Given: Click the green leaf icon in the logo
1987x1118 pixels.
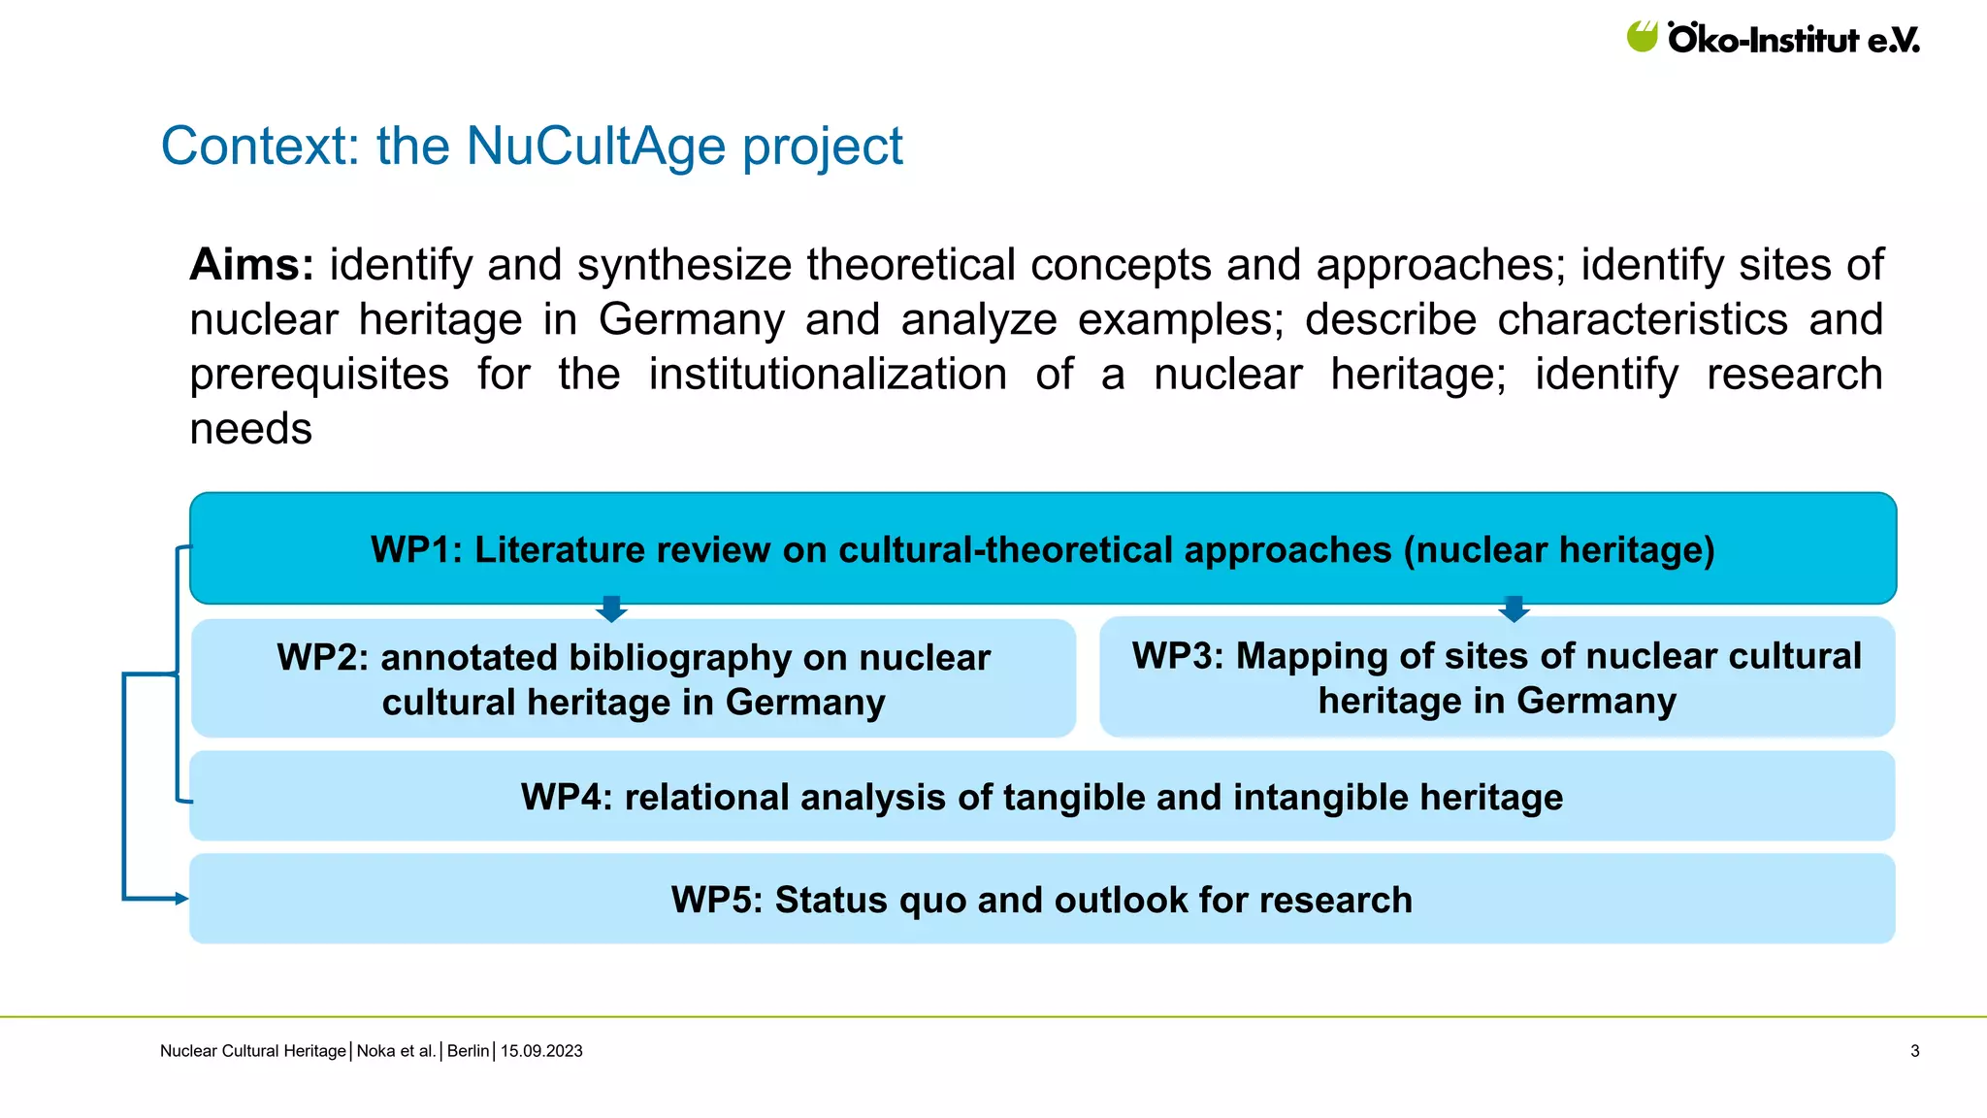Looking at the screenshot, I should (1643, 37).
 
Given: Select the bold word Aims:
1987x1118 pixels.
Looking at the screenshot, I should (251, 265).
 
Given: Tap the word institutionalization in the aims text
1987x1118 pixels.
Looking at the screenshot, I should (828, 375).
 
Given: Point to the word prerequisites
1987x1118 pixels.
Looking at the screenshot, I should (319, 375).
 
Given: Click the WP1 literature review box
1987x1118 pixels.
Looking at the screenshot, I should (1043, 549).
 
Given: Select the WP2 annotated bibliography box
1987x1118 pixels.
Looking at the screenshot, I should (634, 679).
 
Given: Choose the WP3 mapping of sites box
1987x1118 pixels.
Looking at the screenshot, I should (1497, 677).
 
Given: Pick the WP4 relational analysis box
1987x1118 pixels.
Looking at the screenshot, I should (1042, 797).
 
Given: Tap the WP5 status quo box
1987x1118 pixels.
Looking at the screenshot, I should (1042, 900).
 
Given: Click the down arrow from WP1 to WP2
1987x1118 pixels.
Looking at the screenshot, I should (611, 609).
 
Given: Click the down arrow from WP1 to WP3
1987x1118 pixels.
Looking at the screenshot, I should (1514, 609).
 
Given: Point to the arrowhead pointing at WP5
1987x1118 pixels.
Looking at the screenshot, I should (181, 899).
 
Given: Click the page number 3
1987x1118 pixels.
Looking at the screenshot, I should (1914, 1051).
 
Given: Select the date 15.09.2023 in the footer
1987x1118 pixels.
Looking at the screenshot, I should (541, 1051).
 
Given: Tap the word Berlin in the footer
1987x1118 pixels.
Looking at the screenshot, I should (468, 1051).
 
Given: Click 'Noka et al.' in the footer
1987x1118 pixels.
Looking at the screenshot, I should (396, 1051).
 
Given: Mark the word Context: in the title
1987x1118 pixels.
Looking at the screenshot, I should (260, 147).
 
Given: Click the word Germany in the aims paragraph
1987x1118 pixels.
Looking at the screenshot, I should (691, 320).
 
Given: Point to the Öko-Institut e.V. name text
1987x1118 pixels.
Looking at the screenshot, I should (1793, 40).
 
